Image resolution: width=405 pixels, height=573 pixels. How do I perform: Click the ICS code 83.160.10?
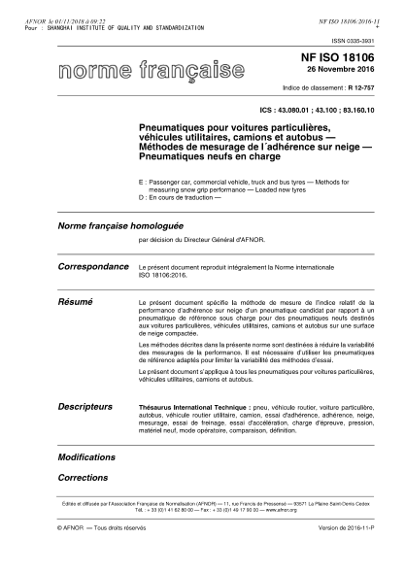367,111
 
